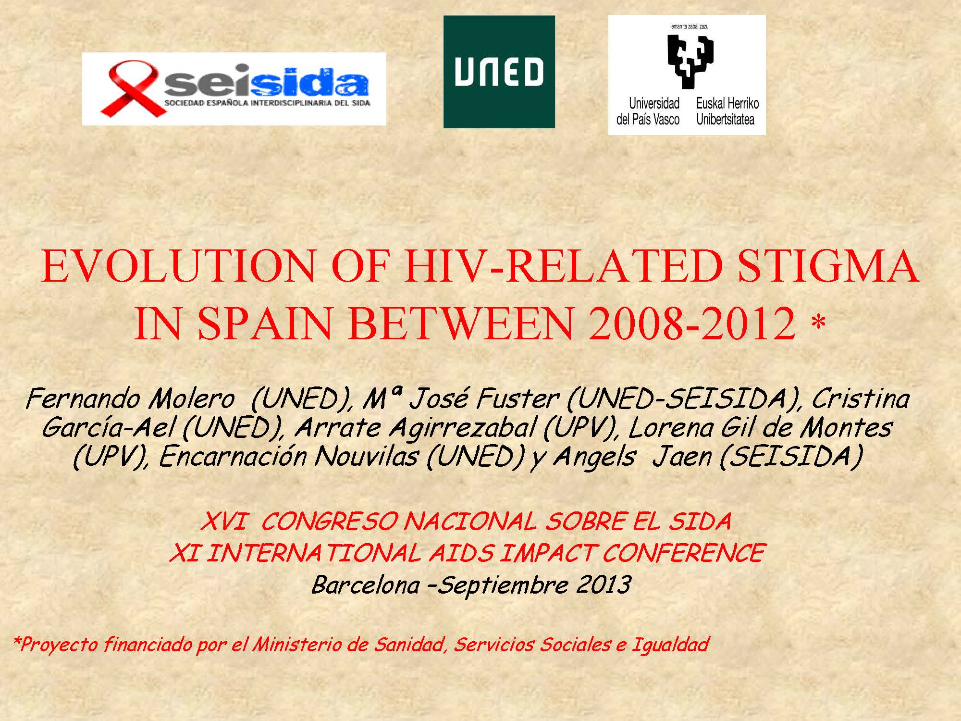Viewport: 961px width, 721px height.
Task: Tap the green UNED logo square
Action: [499, 72]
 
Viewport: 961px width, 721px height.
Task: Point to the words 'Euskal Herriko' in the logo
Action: [727, 103]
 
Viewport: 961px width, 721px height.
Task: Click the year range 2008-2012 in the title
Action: [692, 323]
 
